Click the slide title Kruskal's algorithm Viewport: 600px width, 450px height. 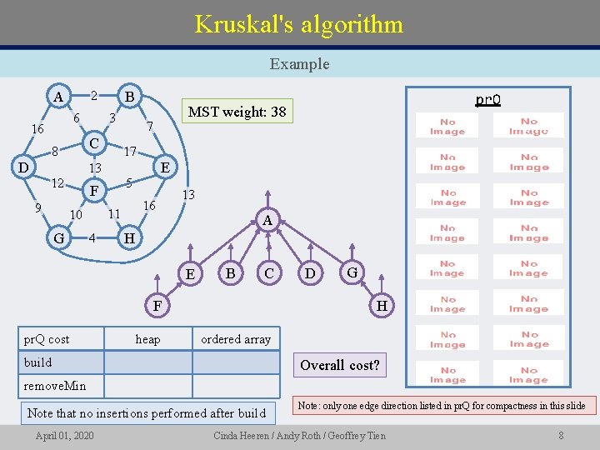(x=298, y=23)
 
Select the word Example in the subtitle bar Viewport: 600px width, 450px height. (x=299, y=63)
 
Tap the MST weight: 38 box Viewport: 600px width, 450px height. (x=237, y=112)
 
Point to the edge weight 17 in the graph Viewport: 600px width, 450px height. (x=130, y=152)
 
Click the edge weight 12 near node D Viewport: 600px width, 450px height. (x=57, y=183)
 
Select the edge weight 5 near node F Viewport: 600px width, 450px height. (x=129, y=182)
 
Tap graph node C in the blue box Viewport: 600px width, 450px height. (x=94, y=143)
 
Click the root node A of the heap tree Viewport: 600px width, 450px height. (x=267, y=220)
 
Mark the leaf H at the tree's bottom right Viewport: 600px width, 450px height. (x=382, y=306)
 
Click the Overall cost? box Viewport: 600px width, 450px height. (x=339, y=365)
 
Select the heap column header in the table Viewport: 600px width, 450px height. (x=147, y=339)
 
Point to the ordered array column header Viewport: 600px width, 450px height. (x=236, y=339)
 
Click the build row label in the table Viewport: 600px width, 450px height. (x=38, y=362)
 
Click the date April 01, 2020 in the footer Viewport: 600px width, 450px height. (x=64, y=436)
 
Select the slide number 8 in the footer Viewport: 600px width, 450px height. (x=561, y=436)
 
